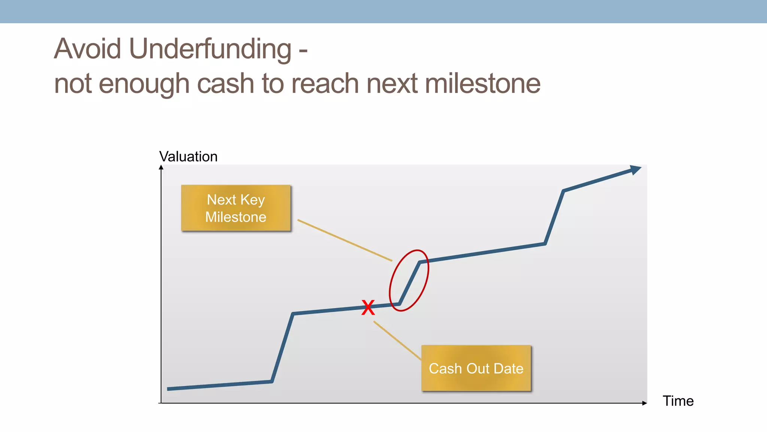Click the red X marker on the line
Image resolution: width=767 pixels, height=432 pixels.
[368, 307]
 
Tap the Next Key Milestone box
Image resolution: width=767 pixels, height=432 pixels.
[236, 208]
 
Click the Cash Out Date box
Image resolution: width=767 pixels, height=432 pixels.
[476, 368]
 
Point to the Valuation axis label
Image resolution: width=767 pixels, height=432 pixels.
[188, 156]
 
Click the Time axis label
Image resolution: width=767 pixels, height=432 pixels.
[678, 401]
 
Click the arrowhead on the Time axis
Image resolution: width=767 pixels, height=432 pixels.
[644, 403]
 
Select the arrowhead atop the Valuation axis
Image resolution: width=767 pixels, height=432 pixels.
[161, 168]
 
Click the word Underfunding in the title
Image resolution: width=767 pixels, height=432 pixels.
[210, 49]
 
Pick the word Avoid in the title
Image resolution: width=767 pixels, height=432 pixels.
[88, 49]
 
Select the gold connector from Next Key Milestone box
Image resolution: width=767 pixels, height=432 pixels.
[345, 240]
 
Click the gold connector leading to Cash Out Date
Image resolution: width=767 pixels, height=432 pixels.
[397, 340]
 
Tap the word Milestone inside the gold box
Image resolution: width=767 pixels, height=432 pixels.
[236, 217]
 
